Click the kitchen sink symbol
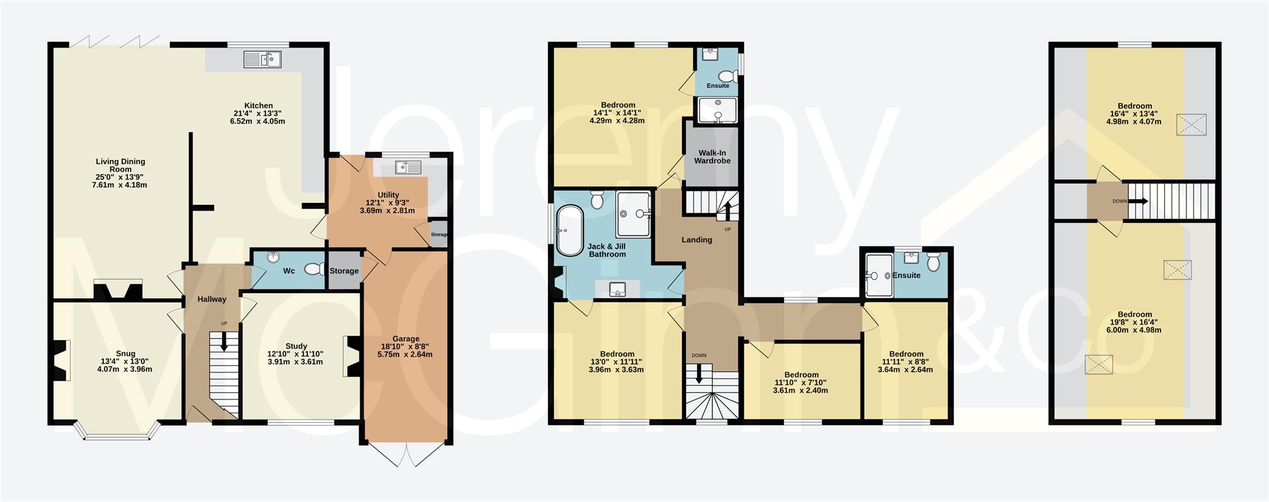(x=262, y=60)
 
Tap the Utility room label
(x=388, y=195)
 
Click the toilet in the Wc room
(x=313, y=270)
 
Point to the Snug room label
(x=125, y=354)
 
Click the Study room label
(x=296, y=346)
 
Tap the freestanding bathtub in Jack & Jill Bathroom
(x=568, y=231)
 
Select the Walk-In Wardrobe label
(x=712, y=157)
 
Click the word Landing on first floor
(x=697, y=240)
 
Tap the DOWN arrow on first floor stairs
(x=699, y=374)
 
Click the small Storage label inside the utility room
(x=439, y=235)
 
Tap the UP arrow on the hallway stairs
(x=224, y=341)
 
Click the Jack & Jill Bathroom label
(x=606, y=250)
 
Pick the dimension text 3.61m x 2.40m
(x=800, y=390)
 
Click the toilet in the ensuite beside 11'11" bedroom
(x=933, y=263)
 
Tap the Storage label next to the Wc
(x=344, y=271)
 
